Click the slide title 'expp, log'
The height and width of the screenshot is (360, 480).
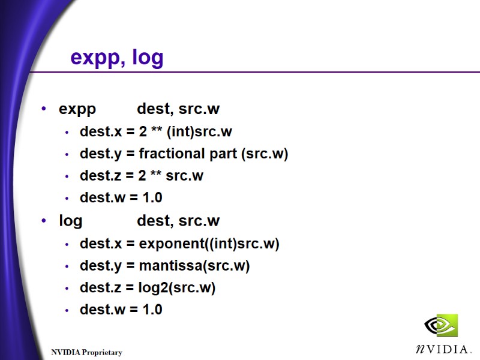click(x=117, y=58)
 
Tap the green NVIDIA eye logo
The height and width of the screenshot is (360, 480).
click(x=441, y=326)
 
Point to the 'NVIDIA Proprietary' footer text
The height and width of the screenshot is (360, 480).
click(x=86, y=352)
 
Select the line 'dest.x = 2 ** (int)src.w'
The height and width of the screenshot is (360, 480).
click(x=155, y=131)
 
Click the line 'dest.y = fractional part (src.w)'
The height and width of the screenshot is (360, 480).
click(x=184, y=154)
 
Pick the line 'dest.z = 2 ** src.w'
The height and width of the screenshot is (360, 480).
click(x=141, y=176)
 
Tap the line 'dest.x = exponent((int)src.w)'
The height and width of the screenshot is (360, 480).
click(x=179, y=243)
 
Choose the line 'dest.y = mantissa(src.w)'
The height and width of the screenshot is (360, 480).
click(x=164, y=265)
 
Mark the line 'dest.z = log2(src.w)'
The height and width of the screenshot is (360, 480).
click(x=147, y=287)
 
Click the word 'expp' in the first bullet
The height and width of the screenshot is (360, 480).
click(x=77, y=109)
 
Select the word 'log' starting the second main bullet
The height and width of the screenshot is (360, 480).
click(x=70, y=221)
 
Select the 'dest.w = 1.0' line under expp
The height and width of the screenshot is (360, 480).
click(x=121, y=197)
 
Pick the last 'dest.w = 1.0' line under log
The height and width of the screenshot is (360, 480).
click(x=121, y=310)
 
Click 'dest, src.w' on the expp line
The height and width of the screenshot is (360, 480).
click(x=178, y=109)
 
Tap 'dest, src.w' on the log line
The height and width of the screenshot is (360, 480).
click(x=178, y=221)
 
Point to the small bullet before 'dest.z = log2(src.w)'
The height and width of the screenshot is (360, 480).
click(x=67, y=288)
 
